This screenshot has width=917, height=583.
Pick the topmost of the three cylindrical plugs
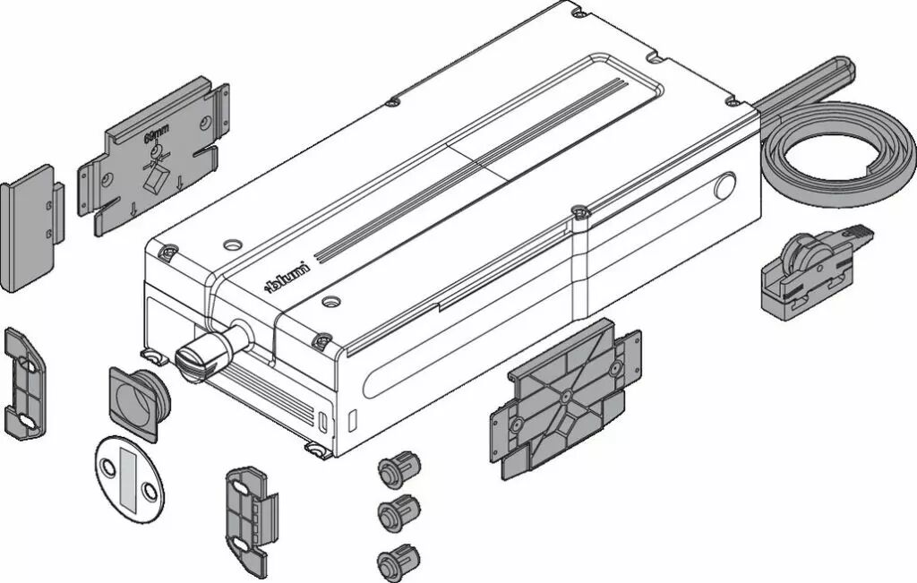(x=399, y=466)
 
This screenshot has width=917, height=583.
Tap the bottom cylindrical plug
(x=398, y=560)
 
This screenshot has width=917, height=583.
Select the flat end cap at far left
(x=30, y=228)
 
